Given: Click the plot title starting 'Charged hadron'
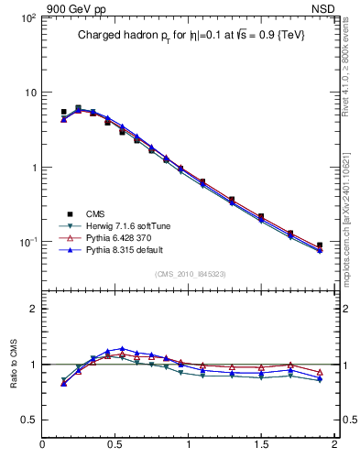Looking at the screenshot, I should coord(190,35).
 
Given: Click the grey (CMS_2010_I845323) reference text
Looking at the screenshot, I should coord(189,273).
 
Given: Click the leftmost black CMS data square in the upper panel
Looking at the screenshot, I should coord(63,112).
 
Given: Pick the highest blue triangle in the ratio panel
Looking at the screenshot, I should coord(122,349).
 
